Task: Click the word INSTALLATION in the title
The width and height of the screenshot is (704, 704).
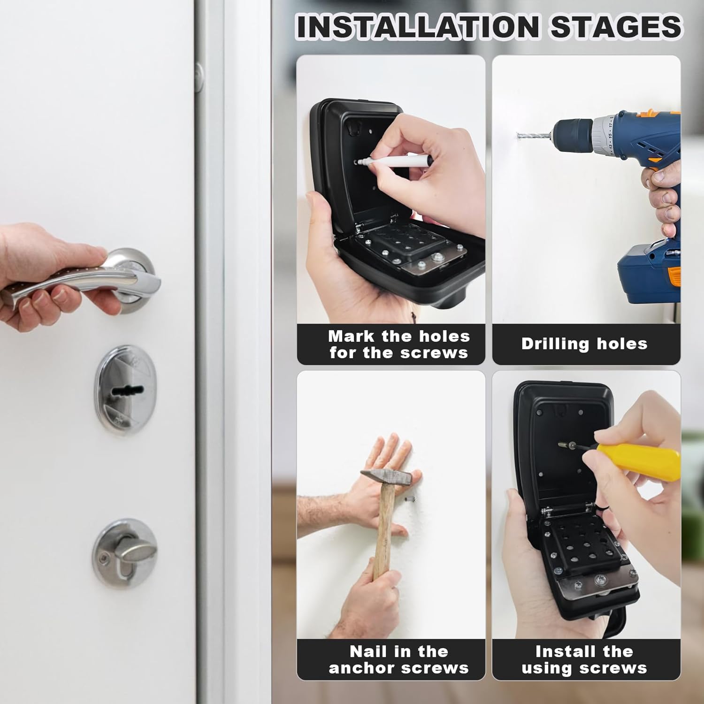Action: tap(418, 27)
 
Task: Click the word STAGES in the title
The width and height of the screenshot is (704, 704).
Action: tap(616, 27)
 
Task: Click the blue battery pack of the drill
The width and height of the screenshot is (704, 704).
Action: tap(648, 277)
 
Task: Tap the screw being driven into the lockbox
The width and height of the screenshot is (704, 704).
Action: tap(566, 444)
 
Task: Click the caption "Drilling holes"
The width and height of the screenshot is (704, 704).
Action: tap(584, 344)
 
